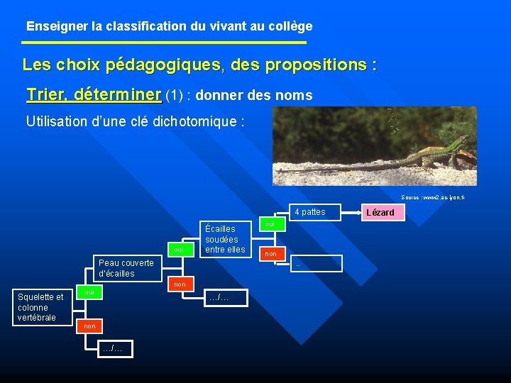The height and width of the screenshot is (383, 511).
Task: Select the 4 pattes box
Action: click(309, 212)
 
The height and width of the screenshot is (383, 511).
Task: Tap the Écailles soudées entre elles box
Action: click(224, 239)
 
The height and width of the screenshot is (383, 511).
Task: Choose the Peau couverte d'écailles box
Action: click(126, 268)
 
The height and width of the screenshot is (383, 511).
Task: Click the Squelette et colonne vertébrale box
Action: click(40, 307)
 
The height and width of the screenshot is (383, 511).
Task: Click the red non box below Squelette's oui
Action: click(88, 326)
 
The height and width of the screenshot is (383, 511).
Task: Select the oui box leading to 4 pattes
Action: click(270, 224)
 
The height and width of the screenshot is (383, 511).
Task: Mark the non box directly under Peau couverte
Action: click(179, 284)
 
